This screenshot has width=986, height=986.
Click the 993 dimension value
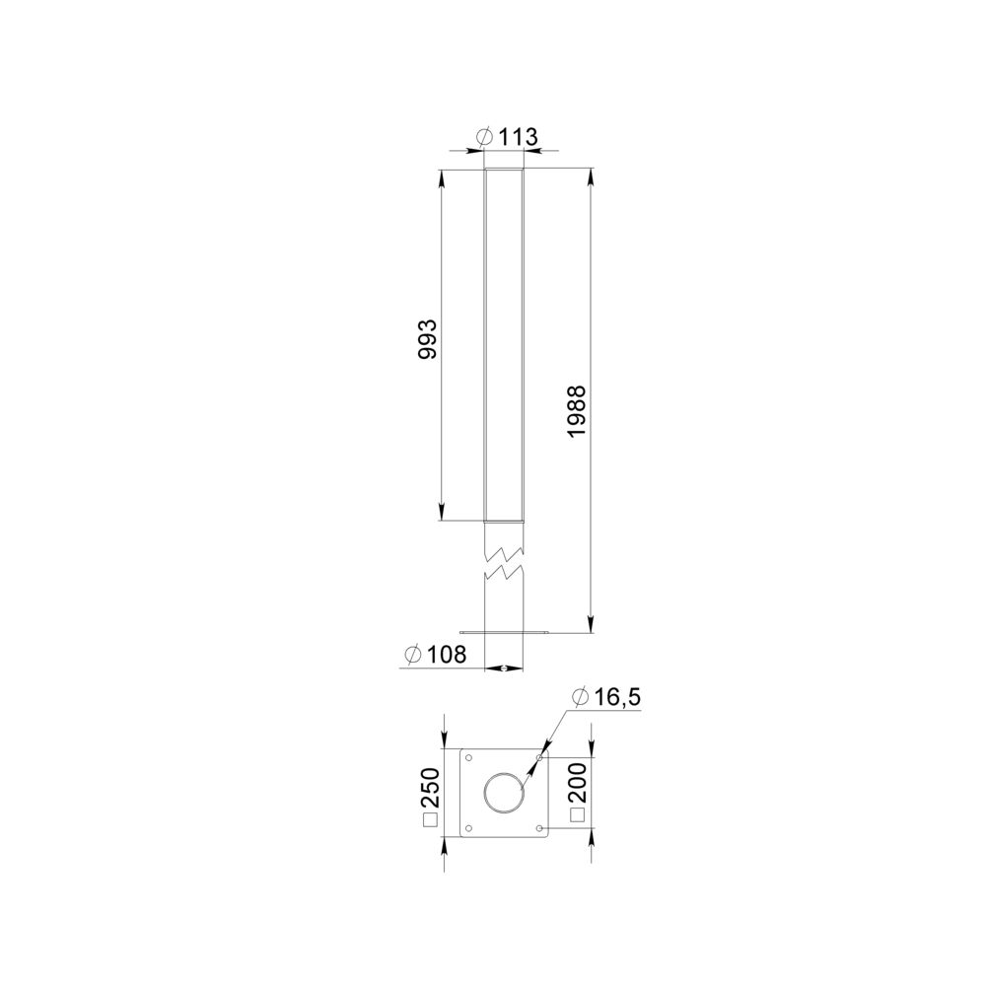click(x=428, y=339)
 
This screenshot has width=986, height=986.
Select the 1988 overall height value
click(x=576, y=412)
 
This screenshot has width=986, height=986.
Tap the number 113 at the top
click(x=519, y=137)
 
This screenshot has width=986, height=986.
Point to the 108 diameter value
click(x=447, y=655)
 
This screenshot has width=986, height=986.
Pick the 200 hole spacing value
click(x=577, y=783)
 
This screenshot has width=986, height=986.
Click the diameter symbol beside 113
click(x=485, y=136)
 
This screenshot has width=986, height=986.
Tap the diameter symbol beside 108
click(x=413, y=655)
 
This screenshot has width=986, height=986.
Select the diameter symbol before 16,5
click(x=581, y=697)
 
